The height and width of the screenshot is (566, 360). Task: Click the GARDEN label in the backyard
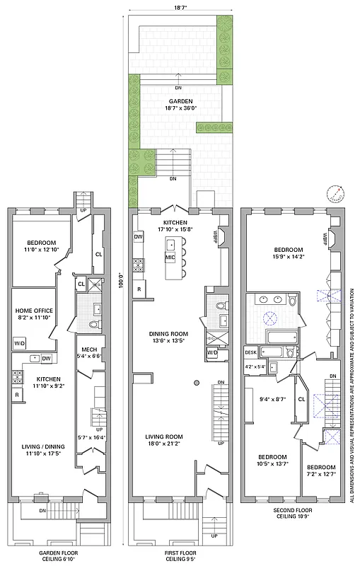pos(180,100)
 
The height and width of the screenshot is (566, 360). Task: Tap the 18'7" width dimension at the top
pos(180,9)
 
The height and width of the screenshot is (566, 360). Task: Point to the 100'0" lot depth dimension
pos(121,281)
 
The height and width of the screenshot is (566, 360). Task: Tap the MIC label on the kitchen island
pos(170,258)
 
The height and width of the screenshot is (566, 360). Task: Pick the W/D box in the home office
pos(18,345)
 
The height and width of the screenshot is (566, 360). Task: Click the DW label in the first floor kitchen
pos(139,237)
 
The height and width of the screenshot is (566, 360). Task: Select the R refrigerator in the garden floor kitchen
pos(16,393)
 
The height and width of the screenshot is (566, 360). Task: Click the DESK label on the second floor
pos(250,352)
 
